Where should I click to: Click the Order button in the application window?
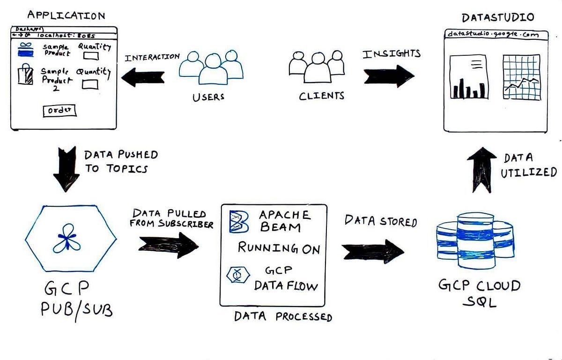(59, 111)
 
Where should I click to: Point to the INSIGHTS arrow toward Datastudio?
(389, 75)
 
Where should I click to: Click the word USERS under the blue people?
(208, 97)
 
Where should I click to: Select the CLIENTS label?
(322, 96)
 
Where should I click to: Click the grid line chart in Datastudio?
(520, 77)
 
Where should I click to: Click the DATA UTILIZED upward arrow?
(481, 170)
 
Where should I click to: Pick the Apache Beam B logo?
(237, 221)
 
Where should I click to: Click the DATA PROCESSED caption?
(283, 316)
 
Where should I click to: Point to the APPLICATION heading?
(66, 15)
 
